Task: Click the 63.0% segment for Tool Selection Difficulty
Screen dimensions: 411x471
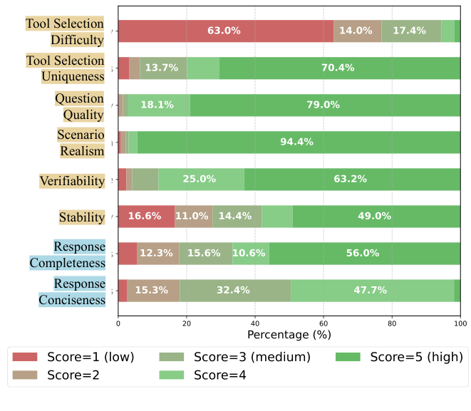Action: [224, 31]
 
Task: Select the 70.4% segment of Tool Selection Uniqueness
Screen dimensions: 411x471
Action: [338, 68]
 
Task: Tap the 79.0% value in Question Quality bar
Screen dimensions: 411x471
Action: [324, 105]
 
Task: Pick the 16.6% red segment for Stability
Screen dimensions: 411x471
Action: [146, 217]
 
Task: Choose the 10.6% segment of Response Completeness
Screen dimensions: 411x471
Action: [250, 254]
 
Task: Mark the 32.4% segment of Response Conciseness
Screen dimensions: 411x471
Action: [235, 291]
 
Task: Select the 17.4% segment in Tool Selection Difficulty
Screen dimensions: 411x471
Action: [410, 31]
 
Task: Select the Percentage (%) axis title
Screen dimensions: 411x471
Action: [289, 333]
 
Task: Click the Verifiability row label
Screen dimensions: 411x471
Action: [72, 181]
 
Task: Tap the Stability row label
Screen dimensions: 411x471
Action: [81, 217]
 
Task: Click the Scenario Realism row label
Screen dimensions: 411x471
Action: [81, 142]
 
